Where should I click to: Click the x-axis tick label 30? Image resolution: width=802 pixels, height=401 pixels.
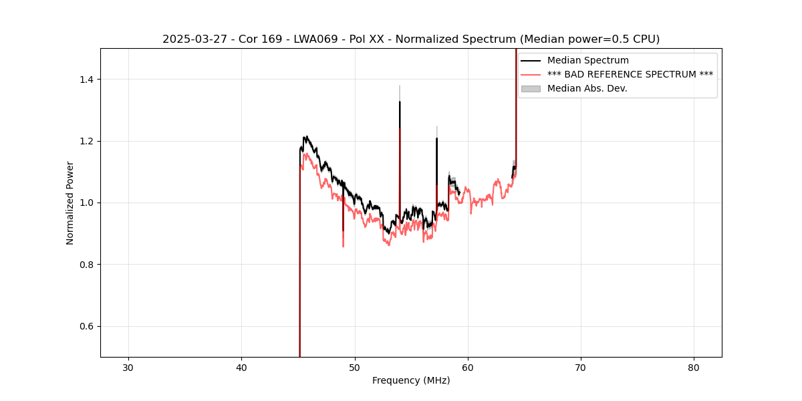click(x=128, y=368)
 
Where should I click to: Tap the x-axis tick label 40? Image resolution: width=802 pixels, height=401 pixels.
click(x=242, y=368)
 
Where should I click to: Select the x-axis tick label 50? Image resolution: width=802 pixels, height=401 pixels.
click(x=355, y=368)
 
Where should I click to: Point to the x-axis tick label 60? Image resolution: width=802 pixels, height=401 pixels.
click(x=468, y=368)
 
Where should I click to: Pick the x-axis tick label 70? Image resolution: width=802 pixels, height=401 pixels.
click(x=581, y=368)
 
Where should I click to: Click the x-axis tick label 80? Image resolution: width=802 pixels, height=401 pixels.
click(x=694, y=368)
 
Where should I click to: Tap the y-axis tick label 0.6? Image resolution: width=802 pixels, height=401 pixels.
click(x=86, y=326)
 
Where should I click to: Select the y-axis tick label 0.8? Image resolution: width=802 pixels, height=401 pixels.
click(x=86, y=265)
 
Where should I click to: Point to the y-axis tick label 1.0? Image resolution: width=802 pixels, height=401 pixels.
click(x=86, y=203)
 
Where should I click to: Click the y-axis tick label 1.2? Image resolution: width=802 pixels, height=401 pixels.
click(x=86, y=141)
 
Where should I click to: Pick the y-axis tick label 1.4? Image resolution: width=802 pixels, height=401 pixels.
click(x=86, y=80)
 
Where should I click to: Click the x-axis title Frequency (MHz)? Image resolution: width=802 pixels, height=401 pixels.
click(x=411, y=380)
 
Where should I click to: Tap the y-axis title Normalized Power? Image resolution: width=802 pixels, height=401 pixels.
click(x=70, y=203)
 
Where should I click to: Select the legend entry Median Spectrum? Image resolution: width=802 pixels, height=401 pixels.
click(x=587, y=60)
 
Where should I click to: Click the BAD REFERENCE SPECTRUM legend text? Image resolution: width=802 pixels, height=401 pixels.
click(x=630, y=74)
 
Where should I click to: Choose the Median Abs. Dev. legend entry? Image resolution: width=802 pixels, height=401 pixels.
click(x=587, y=88)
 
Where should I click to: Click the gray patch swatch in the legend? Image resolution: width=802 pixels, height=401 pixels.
click(x=531, y=88)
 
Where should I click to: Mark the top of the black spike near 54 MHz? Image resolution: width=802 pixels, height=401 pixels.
click(x=400, y=102)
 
